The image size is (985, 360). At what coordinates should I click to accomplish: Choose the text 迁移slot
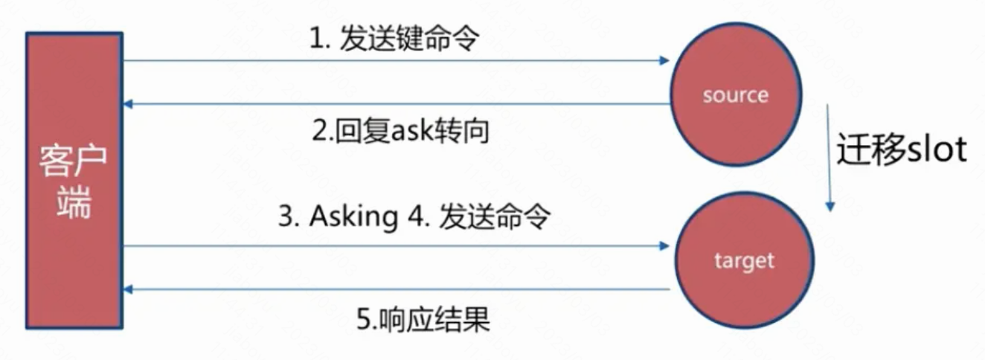901,150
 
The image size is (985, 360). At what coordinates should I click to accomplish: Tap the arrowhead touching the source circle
665,61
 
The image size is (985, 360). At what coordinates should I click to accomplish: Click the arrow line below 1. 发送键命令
394,61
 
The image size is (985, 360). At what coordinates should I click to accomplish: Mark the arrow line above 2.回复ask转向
394,104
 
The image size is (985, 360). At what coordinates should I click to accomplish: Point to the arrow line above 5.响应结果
394,289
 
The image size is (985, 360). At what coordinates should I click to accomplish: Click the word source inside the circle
735,95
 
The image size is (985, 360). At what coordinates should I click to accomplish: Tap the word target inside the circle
744,260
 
